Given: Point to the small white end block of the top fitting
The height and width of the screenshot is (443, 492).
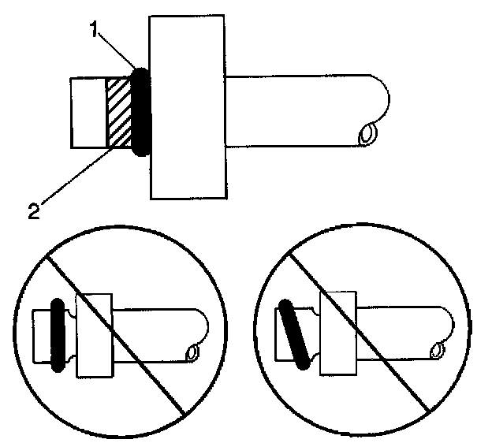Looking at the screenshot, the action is (88, 112).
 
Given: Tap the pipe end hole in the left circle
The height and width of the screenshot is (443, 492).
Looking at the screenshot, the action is (190, 352).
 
